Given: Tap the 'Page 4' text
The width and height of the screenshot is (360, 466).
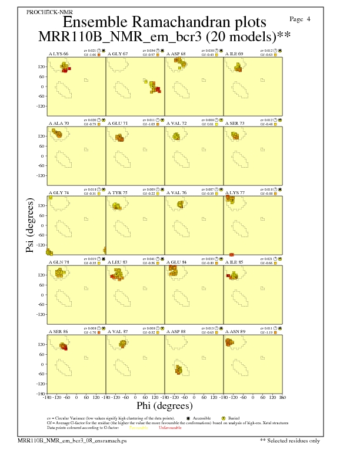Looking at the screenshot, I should pos(301,19).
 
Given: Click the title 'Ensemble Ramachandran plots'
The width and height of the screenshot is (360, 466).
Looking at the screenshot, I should pos(164,22).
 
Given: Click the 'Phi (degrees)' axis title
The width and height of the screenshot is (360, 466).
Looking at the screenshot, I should pos(164,405).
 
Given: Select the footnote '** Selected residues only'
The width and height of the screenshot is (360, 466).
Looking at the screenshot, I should pos(291,440).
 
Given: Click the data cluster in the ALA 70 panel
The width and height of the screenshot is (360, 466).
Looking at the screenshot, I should pos(57,134).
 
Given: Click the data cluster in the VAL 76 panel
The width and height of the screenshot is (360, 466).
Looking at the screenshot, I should pos(181,205).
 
